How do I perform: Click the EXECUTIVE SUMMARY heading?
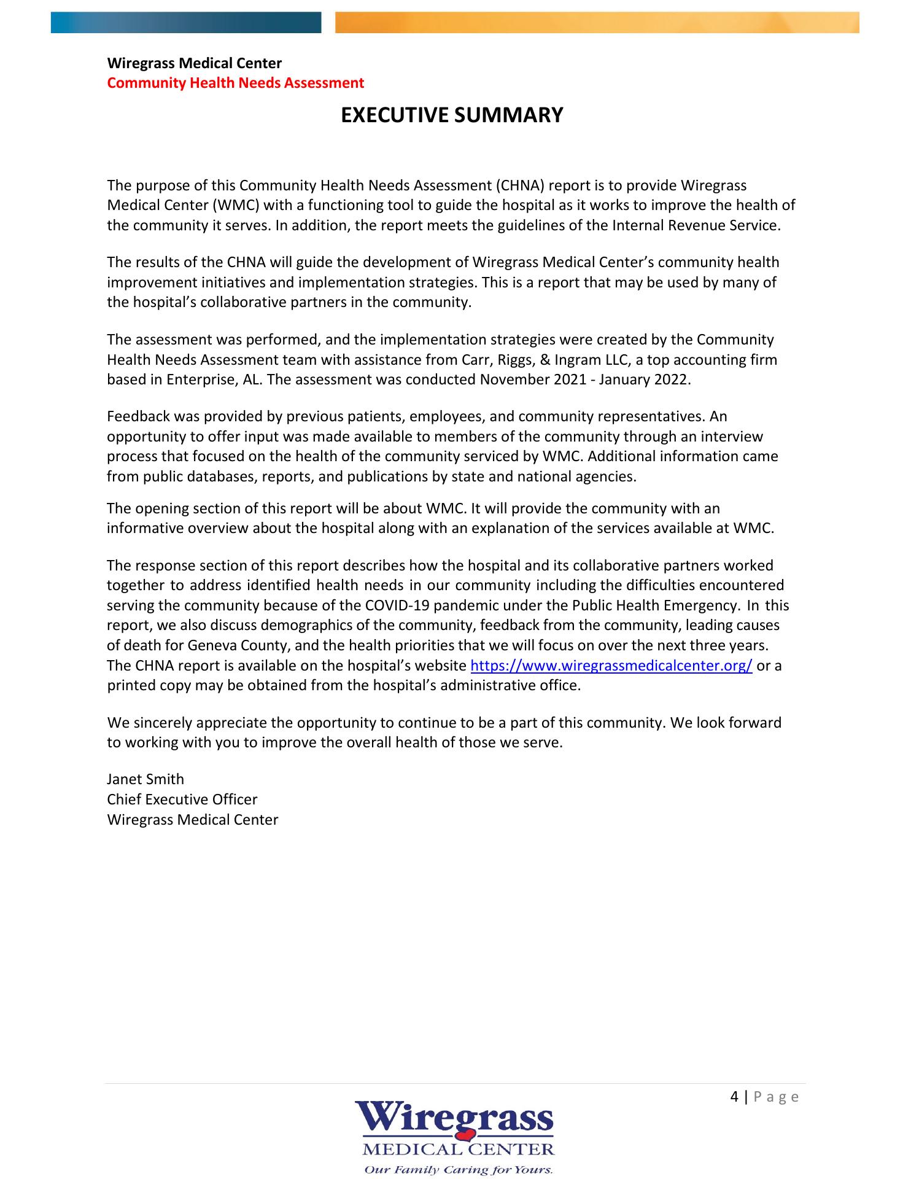(452, 115)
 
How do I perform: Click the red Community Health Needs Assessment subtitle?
(235, 83)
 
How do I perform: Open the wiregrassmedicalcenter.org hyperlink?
(611, 666)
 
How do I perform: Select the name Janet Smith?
(145, 779)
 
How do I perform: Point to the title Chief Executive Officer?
(182, 800)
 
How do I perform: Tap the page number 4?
(735, 1097)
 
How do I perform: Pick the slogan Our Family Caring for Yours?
(459, 1169)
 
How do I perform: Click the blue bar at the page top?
(185, 23)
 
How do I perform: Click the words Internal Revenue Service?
(696, 225)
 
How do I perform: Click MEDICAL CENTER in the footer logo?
(459, 1149)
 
